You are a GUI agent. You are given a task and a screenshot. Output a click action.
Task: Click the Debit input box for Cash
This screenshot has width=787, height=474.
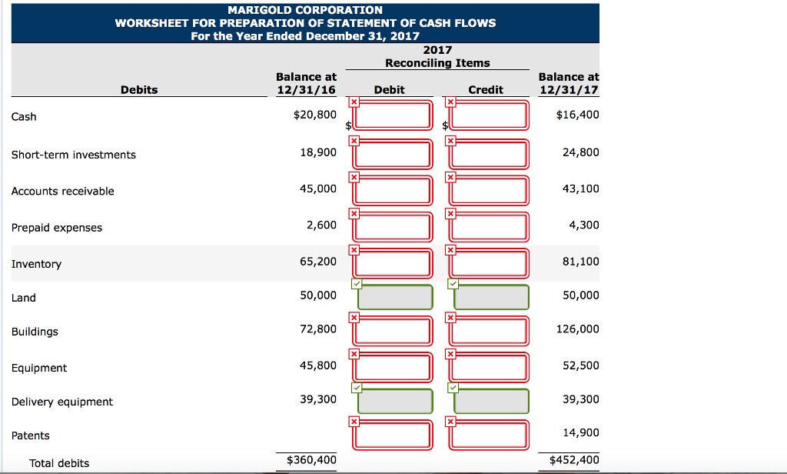[x=393, y=116]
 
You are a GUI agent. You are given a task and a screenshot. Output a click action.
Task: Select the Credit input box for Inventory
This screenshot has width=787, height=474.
[x=490, y=262]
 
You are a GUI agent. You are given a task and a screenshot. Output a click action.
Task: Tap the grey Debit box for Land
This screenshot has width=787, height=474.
[x=393, y=297]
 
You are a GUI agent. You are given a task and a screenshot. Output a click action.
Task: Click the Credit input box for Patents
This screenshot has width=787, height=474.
[x=490, y=435]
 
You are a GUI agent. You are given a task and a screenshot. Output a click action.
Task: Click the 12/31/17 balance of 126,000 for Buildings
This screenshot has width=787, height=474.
[x=580, y=329]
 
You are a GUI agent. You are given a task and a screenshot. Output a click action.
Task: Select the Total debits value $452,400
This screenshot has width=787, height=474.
[x=574, y=460]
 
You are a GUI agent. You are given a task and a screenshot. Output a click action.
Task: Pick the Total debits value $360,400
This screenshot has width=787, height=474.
[x=310, y=460]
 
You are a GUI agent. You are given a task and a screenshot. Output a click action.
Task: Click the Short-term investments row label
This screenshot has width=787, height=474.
[x=74, y=155]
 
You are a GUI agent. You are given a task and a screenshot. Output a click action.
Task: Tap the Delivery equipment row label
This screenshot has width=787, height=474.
[x=62, y=402]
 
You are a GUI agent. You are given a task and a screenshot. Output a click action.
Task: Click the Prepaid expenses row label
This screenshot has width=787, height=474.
[x=57, y=228]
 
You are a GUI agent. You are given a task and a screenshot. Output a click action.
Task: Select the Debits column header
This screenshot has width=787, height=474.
[x=139, y=90]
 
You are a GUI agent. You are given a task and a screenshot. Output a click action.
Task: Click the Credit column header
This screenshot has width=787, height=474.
[x=486, y=90]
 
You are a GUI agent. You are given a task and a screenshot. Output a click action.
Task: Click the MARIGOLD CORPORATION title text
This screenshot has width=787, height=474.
[x=305, y=10]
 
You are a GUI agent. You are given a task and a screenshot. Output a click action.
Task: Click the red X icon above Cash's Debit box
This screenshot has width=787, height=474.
[x=354, y=102]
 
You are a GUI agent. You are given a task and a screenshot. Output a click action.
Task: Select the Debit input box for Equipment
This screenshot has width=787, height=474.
[x=393, y=367]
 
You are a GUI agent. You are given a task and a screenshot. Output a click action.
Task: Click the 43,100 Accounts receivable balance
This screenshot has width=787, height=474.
[x=580, y=189]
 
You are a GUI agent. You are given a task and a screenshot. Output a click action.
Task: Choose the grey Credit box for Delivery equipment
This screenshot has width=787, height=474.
[x=490, y=401]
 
